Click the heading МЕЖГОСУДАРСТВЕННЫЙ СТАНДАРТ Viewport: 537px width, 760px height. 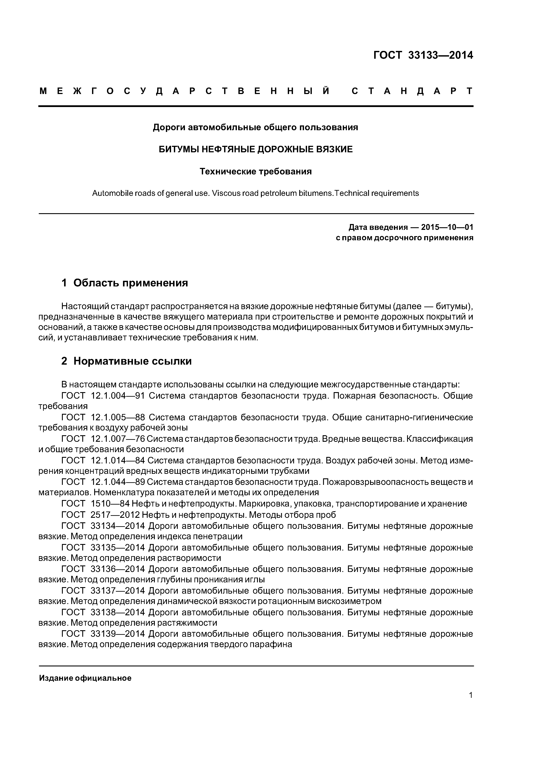click(x=256, y=91)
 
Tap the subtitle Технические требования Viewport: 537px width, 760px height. click(x=256, y=171)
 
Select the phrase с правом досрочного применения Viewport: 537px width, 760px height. click(x=404, y=238)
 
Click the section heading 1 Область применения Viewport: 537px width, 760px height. click(x=125, y=283)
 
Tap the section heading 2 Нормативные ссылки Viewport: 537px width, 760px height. click(x=126, y=361)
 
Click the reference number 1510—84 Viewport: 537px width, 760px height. click(x=110, y=504)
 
